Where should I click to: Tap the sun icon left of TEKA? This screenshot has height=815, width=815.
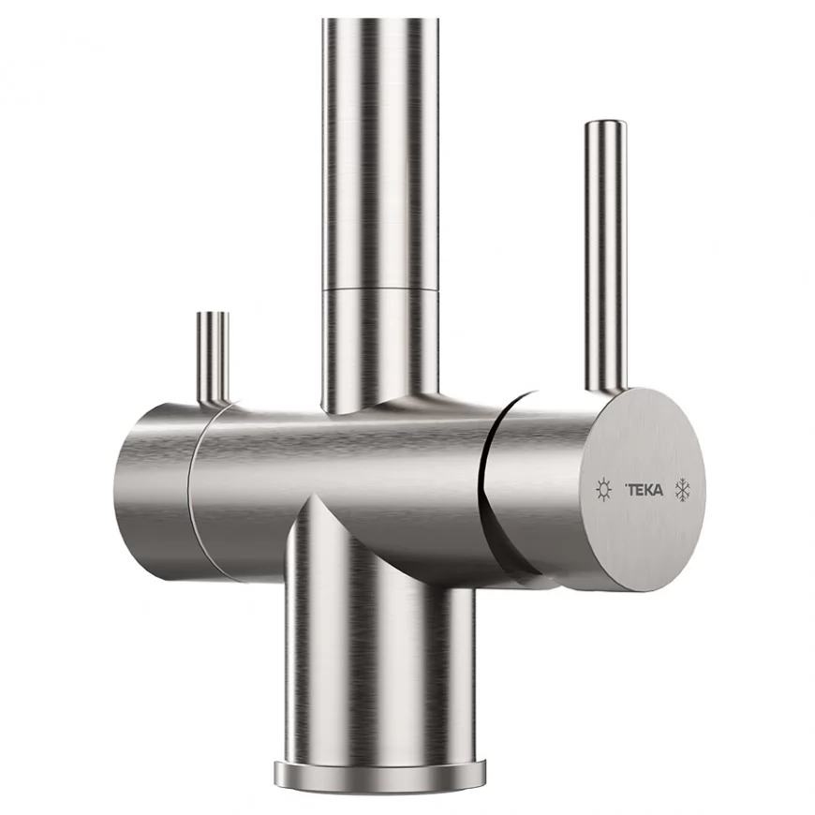click(x=603, y=489)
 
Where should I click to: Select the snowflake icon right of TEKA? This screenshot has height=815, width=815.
click(x=684, y=489)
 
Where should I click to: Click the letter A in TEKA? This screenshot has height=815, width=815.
click(x=659, y=490)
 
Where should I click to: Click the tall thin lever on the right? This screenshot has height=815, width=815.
click(x=601, y=253)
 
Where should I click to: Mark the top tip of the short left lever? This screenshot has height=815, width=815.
click(x=212, y=315)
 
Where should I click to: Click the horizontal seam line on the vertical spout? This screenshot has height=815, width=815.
click(x=379, y=289)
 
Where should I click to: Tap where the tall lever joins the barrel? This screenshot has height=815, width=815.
click(x=601, y=388)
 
